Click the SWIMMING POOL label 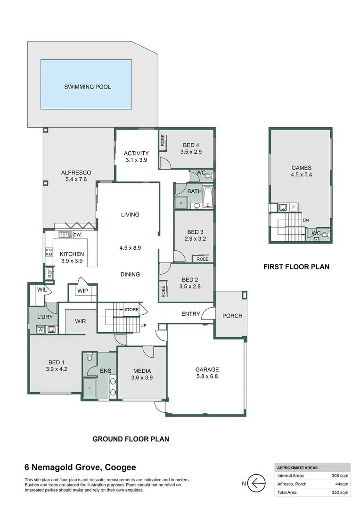[87, 87]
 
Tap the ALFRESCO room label [76, 172]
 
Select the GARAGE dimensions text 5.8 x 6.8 [207, 377]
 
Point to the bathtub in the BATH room [208, 197]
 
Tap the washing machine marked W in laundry [40, 329]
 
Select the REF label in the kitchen [49, 273]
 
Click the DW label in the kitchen [77, 235]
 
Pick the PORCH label [232, 316]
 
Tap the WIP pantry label [82, 291]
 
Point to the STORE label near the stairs [131, 310]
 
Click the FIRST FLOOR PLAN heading [296, 267]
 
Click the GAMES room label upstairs [302, 168]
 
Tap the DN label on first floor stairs [306, 220]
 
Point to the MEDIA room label [142, 370]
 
